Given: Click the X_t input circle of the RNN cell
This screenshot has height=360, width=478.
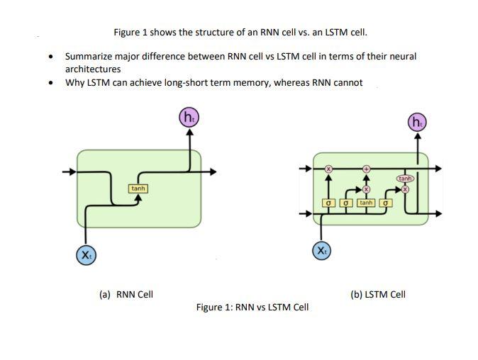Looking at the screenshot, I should (86, 254).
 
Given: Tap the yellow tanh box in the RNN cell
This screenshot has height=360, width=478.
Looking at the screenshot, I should (138, 189).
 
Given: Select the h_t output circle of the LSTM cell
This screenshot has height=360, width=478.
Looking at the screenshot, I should (417, 122).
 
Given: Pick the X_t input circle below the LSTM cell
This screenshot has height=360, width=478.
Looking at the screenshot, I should (321, 251).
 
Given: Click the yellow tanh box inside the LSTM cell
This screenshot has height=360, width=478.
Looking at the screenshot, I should (366, 203).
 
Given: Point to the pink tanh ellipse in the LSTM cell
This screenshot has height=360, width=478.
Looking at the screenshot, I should (405, 179).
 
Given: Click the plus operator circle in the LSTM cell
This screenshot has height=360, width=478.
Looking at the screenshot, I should (367, 169).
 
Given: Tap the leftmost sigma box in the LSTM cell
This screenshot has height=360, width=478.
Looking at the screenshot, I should (328, 203).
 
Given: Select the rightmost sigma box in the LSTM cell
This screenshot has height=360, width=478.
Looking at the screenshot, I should (387, 203).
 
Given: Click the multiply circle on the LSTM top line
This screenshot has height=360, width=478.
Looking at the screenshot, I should (328, 169).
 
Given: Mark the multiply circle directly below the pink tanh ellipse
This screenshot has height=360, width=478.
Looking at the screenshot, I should (406, 189).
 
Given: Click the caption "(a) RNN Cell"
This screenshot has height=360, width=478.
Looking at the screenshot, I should (125, 294).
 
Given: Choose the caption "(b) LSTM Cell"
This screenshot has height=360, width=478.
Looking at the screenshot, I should (378, 294).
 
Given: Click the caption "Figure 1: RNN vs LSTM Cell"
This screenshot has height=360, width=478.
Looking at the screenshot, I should (252, 307).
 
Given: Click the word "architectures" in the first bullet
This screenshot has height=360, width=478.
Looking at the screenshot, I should (93, 69).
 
